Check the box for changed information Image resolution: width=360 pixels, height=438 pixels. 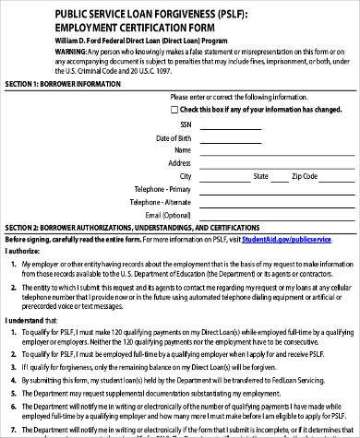click(177, 109)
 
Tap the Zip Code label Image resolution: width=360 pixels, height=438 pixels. click(305, 175)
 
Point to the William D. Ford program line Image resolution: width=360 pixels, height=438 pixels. click(141, 41)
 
